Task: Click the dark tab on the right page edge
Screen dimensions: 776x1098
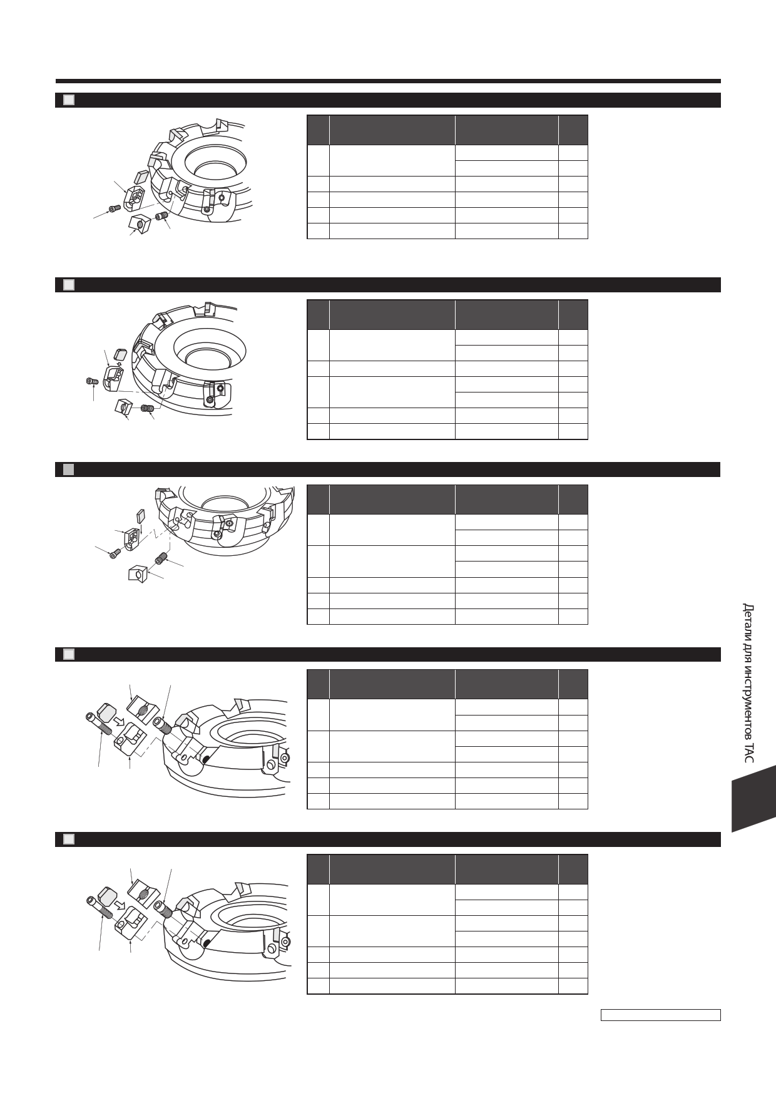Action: click(753, 798)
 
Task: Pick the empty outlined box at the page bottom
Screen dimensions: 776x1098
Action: click(660, 1015)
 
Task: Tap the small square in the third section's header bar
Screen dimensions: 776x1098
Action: click(69, 469)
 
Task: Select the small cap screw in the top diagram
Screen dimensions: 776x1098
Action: click(115, 208)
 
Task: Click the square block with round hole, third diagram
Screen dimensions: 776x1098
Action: click(138, 574)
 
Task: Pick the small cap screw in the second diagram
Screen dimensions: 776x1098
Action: click(91, 381)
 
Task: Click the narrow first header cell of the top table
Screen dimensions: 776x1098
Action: click(318, 130)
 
